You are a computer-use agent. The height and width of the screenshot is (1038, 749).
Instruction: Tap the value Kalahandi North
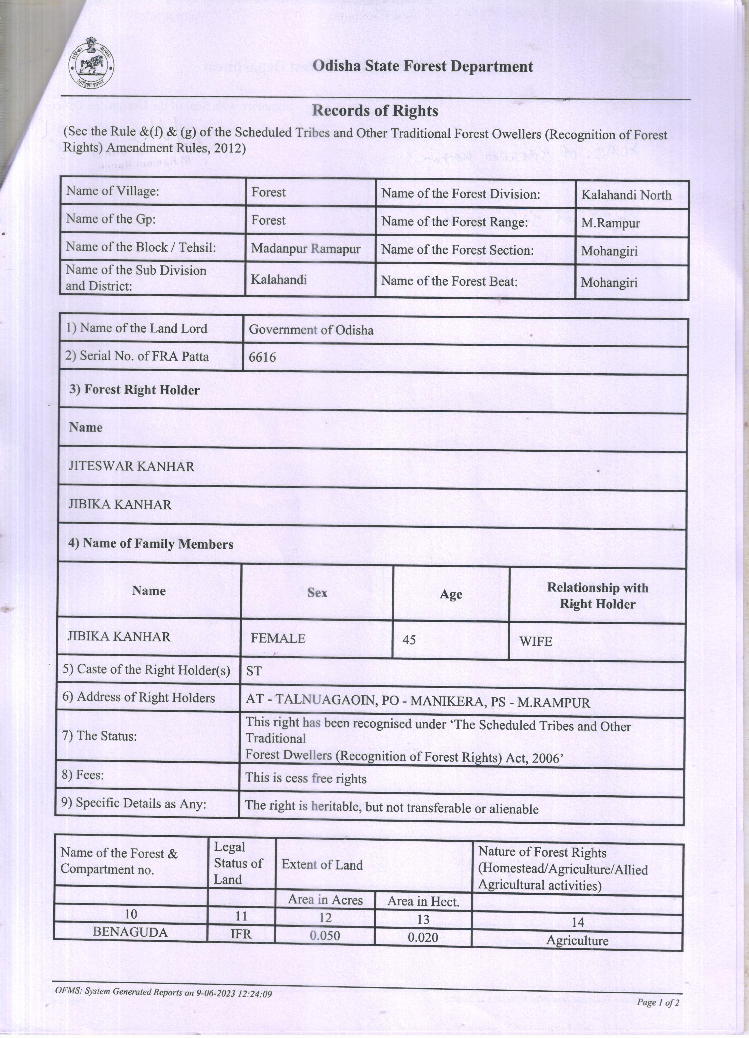(626, 195)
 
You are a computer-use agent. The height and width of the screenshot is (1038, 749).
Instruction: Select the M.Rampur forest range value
(610, 223)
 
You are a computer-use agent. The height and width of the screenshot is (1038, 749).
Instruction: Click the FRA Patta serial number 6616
(263, 358)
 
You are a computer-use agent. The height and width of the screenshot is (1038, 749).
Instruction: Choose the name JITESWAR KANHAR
(132, 466)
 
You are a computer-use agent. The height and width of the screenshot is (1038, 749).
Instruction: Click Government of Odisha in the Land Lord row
(311, 330)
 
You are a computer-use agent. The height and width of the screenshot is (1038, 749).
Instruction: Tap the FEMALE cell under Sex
(278, 638)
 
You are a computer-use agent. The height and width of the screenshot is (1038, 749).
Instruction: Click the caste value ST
(254, 671)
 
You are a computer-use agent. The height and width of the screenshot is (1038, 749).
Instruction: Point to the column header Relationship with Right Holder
(597, 596)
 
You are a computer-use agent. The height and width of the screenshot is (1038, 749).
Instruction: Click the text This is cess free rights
(305, 778)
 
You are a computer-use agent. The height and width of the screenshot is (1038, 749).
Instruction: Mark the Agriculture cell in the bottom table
(577, 941)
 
